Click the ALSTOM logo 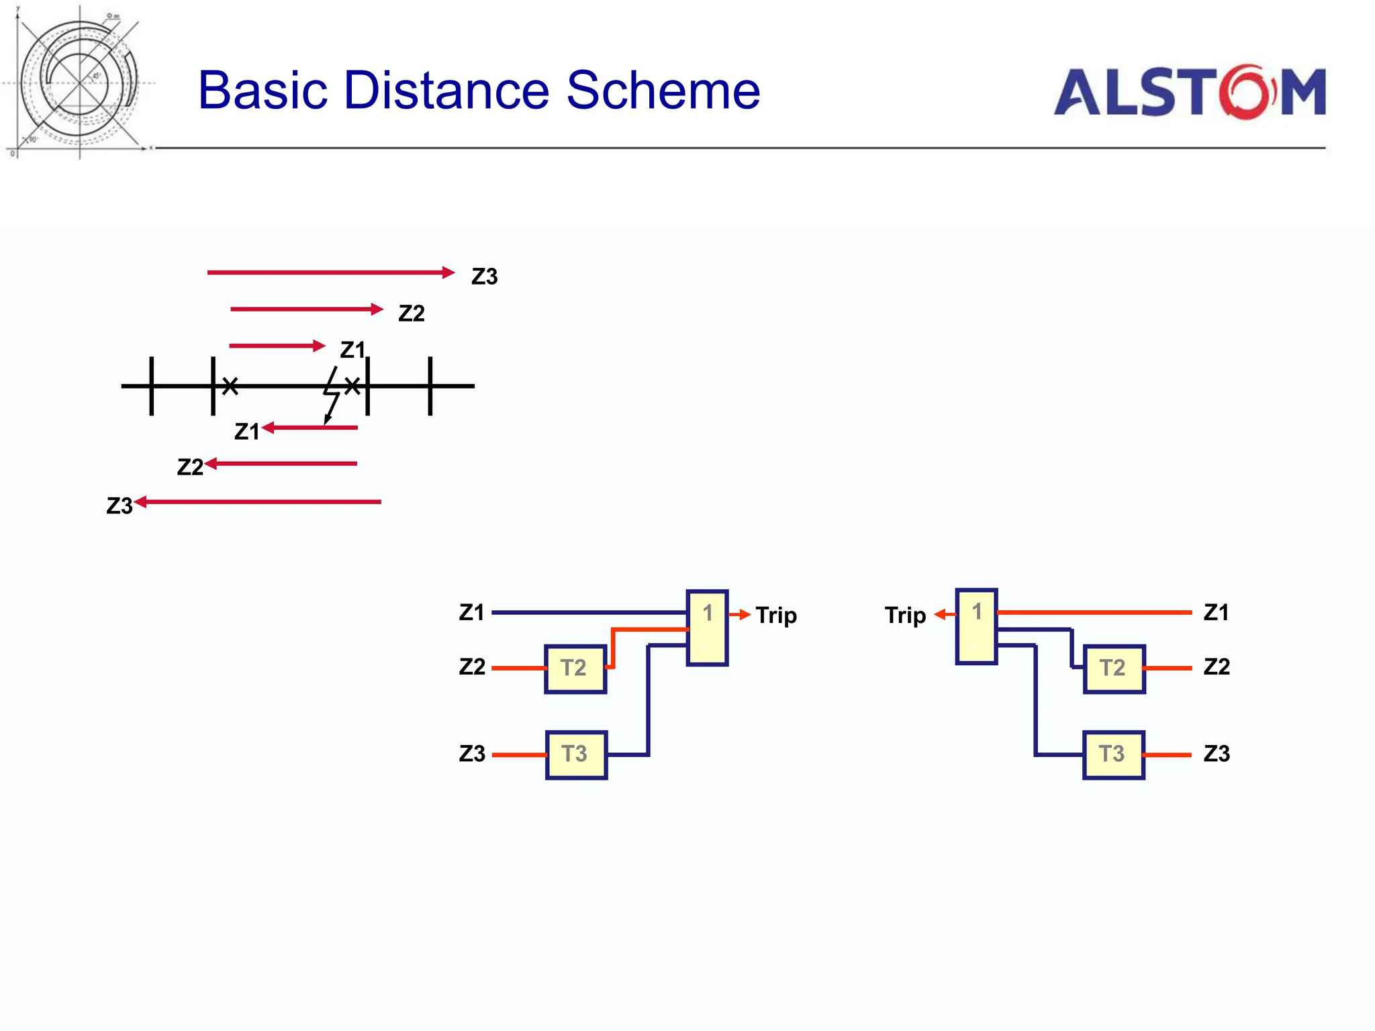click(1189, 92)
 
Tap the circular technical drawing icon click(79, 83)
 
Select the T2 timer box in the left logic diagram click(575, 669)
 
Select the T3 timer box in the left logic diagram click(576, 754)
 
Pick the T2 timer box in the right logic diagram click(1114, 669)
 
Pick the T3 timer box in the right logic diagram click(1113, 754)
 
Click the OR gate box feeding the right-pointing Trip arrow click(707, 628)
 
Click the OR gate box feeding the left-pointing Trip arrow click(976, 626)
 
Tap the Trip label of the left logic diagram click(776, 616)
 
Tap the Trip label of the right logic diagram click(905, 616)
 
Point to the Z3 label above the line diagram click(484, 277)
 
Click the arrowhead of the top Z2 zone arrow click(377, 309)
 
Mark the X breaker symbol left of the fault click(230, 386)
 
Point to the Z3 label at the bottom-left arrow click(120, 505)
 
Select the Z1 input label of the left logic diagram click(471, 612)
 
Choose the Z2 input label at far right click(1217, 667)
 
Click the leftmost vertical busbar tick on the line click(152, 386)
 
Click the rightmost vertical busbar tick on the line click(430, 386)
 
